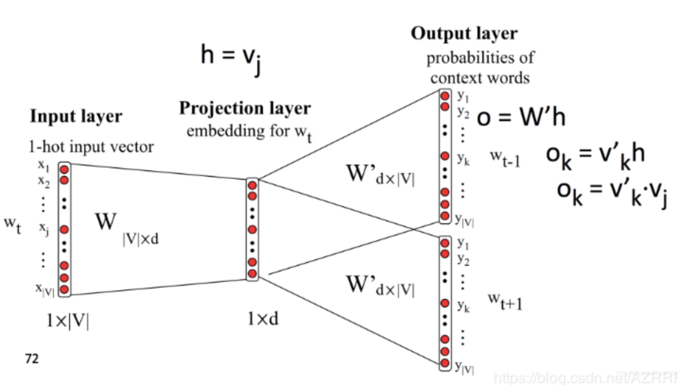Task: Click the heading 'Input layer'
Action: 76,116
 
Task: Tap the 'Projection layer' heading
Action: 244,108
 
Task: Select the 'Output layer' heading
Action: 464,34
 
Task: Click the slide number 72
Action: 32,359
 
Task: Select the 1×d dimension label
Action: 263,319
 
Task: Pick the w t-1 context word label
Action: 504,159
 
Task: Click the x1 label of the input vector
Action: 44,167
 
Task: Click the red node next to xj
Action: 64,229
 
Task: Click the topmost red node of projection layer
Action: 252,185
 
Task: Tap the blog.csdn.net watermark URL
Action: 584,377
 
